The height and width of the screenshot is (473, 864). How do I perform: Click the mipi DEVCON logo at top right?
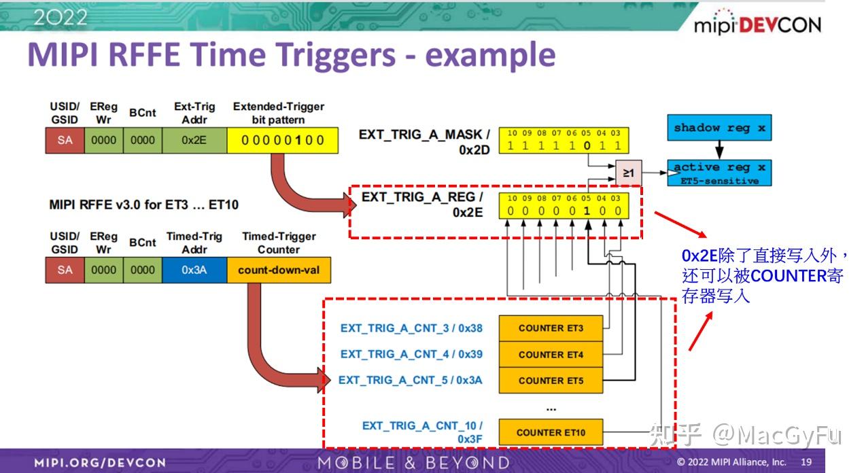tap(757, 24)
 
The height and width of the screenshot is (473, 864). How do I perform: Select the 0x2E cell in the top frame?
tap(194, 141)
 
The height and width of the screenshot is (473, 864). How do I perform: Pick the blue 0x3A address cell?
tap(194, 270)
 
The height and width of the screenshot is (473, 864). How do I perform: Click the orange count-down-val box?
tap(279, 270)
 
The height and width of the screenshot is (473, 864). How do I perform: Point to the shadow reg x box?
tap(719, 128)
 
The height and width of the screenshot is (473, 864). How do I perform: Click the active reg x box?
tap(719, 172)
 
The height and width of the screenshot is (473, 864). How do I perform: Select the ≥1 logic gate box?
tap(629, 173)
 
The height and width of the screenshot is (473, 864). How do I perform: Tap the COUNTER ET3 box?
tap(551, 328)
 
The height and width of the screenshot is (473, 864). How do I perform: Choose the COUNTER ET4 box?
tap(551, 354)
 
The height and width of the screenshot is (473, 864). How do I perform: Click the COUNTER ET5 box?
tap(551, 381)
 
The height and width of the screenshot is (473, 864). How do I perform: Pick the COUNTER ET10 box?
tap(551, 432)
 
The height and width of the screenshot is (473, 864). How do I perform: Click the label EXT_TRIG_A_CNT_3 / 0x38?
tap(411, 328)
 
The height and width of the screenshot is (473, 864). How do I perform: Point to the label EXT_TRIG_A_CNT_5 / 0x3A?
tap(410, 381)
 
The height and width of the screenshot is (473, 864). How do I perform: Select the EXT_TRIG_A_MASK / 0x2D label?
tap(424, 141)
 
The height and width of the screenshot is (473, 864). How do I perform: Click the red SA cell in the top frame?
tap(65, 141)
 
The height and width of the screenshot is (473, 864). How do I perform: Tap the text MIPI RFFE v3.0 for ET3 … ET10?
tap(144, 204)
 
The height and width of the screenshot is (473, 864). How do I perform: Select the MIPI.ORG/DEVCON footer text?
tap(100, 463)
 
